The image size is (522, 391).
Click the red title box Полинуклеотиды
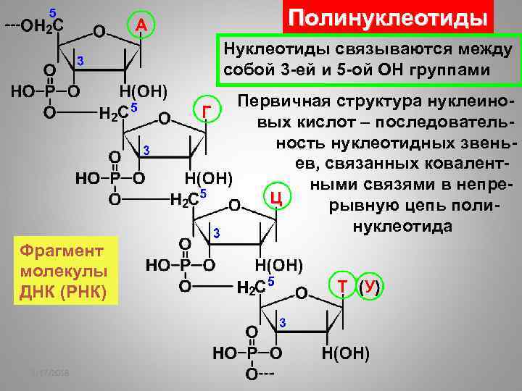[386, 19]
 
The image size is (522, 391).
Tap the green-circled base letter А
[142, 27]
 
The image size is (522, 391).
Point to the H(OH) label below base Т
[346, 354]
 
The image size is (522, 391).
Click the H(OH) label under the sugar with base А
[144, 92]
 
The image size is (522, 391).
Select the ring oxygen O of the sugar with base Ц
[235, 205]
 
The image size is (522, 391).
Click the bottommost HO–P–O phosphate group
[247, 354]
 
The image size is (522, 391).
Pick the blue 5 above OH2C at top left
[52, 12]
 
